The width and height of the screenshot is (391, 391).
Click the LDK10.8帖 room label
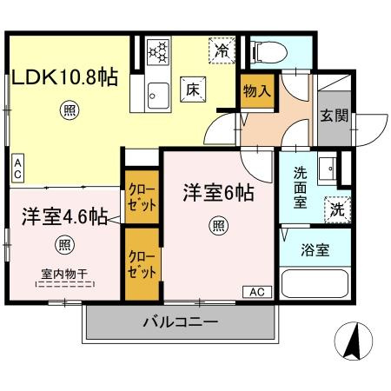pyautogui.click(x=65, y=76)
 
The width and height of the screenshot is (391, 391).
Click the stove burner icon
pyautogui.click(x=160, y=53)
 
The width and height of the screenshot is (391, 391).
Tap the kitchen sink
pyautogui.click(x=156, y=91)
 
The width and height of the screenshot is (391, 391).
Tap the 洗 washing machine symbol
pyautogui.click(x=335, y=209)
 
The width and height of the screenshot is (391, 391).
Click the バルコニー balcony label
pyautogui.click(x=180, y=321)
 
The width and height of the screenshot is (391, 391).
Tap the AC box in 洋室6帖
pyautogui.click(x=257, y=291)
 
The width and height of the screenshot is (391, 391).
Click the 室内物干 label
pyautogui.click(x=66, y=270)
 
